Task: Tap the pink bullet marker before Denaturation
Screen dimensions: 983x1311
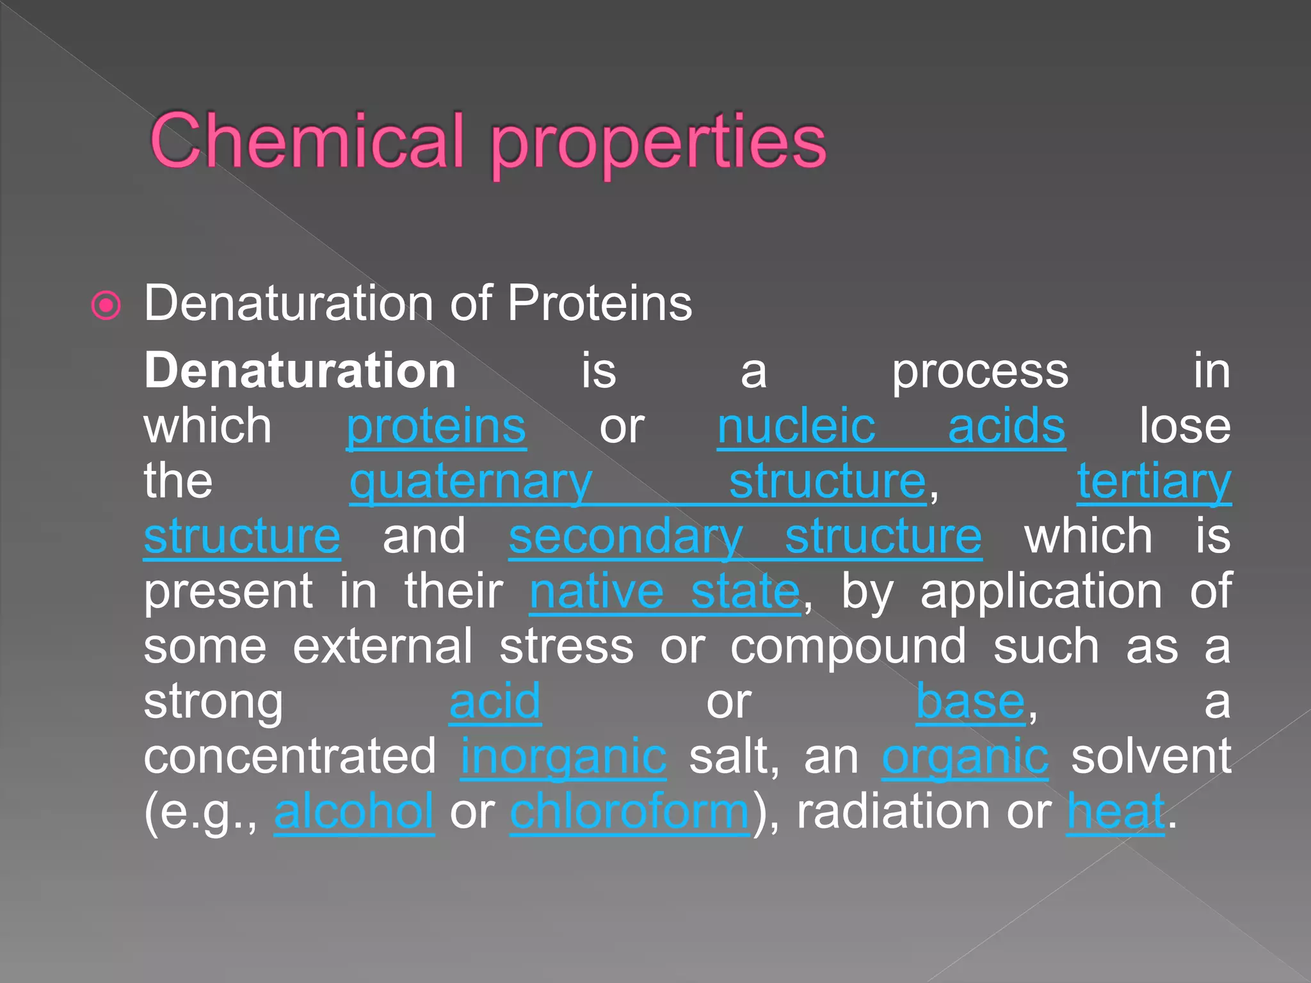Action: (x=106, y=305)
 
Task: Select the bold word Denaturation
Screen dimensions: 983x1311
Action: (x=300, y=371)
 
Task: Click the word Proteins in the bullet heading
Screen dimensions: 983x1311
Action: (x=599, y=303)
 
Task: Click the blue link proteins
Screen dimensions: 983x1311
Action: (x=436, y=426)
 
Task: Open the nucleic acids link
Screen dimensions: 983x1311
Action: (x=890, y=426)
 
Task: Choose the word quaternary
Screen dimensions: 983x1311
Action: (x=471, y=482)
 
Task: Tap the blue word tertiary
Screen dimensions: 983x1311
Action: (x=1154, y=482)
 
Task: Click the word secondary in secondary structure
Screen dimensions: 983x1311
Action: (x=625, y=537)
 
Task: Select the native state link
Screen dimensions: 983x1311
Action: (x=664, y=591)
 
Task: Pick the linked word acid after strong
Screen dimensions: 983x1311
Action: (x=495, y=701)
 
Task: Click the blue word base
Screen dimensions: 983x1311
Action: (x=970, y=701)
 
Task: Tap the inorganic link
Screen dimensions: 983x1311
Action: (x=563, y=757)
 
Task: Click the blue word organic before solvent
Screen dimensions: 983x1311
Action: (x=965, y=757)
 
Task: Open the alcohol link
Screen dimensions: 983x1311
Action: (x=354, y=811)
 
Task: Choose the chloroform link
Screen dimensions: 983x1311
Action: (x=629, y=811)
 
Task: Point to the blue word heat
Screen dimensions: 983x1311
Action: (x=1115, y=811)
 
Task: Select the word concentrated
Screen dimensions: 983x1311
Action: (x=290, y=756)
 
